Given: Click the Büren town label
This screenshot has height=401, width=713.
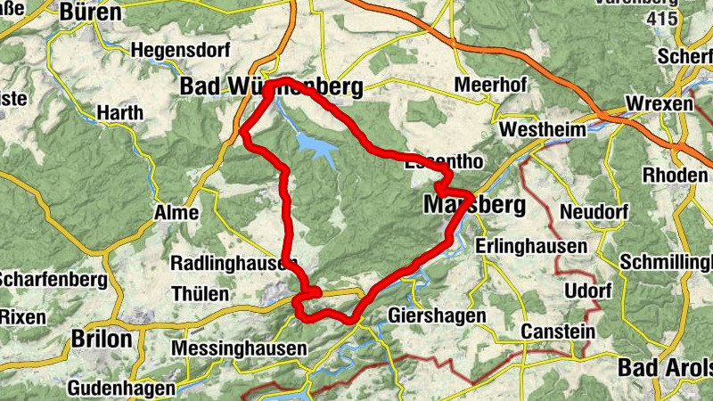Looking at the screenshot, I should pyautogui.click(x=90, y=12).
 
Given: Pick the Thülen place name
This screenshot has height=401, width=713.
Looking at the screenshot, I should pyautogui.click(x=200, y=293).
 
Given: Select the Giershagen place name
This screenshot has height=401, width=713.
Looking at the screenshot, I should pyautogui.click(x=437, y=316).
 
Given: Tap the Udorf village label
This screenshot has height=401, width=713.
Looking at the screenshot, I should pyautogui.click(x=587, y=292).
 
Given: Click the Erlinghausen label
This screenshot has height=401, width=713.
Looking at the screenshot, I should pyautogui.click(x=531, y=245).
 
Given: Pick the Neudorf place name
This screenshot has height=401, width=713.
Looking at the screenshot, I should pyautogui.click(x=594, y=212).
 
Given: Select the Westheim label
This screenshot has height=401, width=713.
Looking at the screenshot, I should pyautogui.click(x=543, y=129).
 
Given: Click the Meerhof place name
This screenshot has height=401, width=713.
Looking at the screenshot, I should pyautogui.click(x=490, y=85).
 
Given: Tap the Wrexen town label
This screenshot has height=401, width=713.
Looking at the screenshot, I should pyautogui.click(x=660, y=104).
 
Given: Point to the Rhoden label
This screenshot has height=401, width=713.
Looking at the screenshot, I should pyautogui.click(x=675, y=173).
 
